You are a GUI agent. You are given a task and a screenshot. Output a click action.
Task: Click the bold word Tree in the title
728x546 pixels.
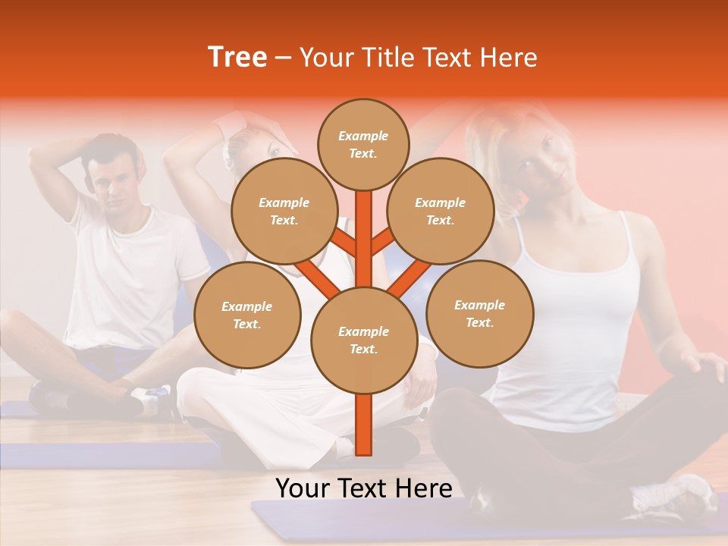click(237, 57)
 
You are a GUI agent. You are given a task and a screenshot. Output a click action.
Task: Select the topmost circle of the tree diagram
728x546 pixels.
click(363, 144)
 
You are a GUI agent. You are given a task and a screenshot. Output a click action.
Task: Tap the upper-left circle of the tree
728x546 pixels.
click(284, 211)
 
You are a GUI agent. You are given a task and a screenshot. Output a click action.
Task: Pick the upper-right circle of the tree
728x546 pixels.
click(441, 211)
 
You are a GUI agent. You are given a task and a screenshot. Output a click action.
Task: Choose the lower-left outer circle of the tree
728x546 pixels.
click(247, 315)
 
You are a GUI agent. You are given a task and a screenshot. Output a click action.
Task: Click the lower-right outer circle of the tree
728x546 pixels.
click(479, 313)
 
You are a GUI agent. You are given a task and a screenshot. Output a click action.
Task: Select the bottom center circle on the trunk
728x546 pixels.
click(364, 340)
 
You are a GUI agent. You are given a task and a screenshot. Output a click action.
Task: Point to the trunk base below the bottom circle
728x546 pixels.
click(364, 425)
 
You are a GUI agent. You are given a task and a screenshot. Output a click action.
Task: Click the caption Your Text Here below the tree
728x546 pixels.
click(364, 488)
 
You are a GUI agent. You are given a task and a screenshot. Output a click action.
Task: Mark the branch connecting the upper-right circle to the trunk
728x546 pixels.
click(383, 244)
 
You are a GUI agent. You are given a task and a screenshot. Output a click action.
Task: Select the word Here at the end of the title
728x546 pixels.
click(510, 57)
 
